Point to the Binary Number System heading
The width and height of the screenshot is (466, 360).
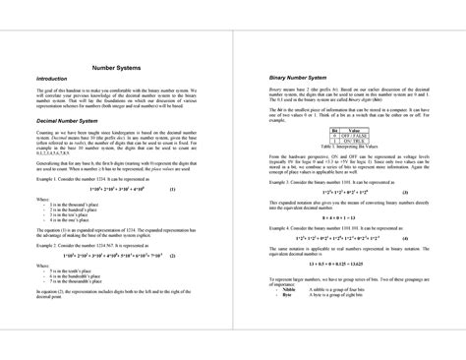click(x=291, y=77)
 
